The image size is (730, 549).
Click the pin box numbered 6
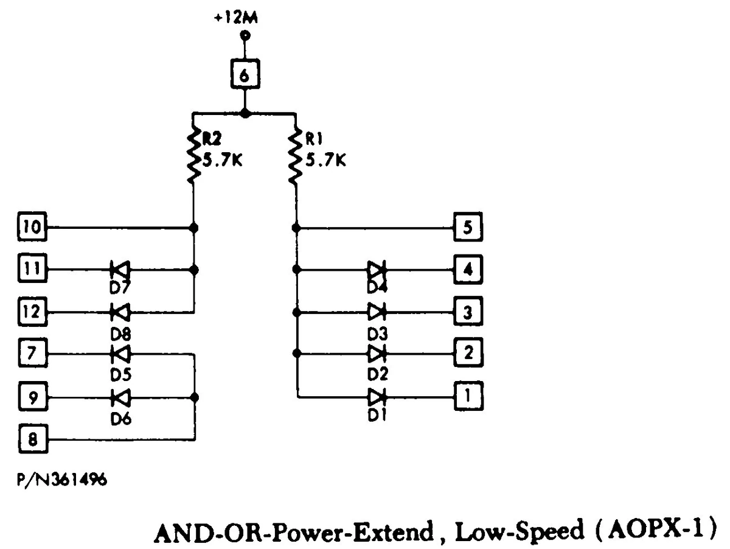[244, 75]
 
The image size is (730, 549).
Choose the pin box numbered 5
[468, 228]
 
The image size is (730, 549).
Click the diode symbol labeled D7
[120, 268]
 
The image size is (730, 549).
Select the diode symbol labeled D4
[377, 268]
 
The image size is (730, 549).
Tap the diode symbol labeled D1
[377, 397]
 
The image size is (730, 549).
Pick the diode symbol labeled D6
[120, 397]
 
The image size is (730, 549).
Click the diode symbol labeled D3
[377, 312]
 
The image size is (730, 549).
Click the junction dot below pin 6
[244, 113]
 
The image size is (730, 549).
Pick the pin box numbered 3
[468, 312]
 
